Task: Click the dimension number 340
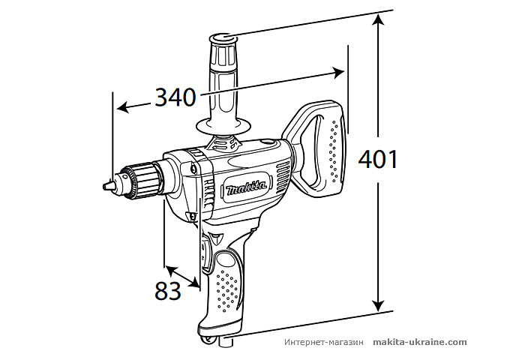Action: coord(175,97)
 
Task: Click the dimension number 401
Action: coord(377,160)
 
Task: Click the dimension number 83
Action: coord(169,290)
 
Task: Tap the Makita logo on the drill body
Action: coord(246,187)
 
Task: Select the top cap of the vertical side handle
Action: coord(223,37)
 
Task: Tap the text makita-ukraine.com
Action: coord(419,342)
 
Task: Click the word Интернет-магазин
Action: coord(324,342)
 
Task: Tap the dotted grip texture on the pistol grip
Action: coord(229,289)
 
